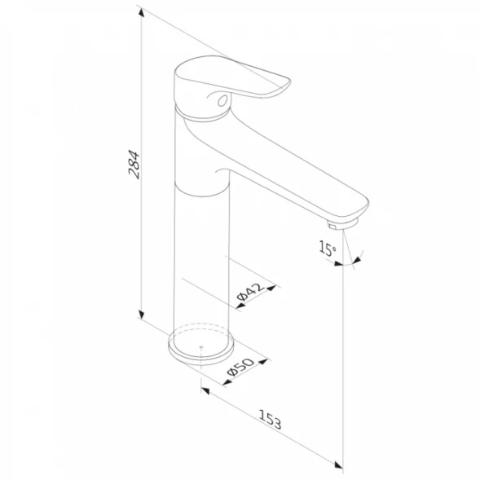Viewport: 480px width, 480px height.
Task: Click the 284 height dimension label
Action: [134, 164]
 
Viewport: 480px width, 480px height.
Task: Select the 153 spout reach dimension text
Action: [270, 419]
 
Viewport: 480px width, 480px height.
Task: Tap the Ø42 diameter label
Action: [250, 292]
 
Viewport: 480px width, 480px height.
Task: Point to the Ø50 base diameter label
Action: [240, 367]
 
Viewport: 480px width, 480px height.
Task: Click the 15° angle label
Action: [328, 248]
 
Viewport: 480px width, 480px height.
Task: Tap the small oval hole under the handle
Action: [222, 100]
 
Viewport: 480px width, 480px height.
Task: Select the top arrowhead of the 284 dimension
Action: [141, 12]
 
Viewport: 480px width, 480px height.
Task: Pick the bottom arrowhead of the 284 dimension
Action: [141, 315]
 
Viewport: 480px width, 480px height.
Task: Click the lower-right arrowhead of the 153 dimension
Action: [338, 465]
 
